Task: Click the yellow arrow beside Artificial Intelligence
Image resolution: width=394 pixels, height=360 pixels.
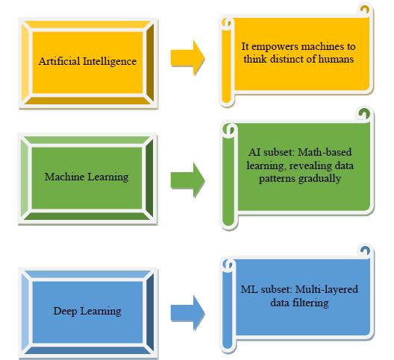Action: [188, 57]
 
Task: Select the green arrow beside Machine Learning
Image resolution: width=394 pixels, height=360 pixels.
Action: [188, 180]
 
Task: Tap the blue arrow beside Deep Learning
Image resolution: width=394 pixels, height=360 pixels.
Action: [188, 313]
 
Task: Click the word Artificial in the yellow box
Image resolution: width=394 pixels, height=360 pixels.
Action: [59, 61]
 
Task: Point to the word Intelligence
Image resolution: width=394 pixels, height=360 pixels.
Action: [110, 62]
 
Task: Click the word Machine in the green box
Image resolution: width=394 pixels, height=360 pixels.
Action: [64, 177]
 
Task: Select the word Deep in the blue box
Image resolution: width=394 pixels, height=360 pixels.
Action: [65, 312]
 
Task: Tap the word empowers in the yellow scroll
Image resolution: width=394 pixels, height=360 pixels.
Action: [275, 47]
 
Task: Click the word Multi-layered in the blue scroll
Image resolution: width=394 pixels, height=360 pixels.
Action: [326, 290]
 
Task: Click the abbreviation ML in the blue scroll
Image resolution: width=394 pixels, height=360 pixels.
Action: [249, 289]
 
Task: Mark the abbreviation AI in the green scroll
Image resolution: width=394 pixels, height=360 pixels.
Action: [254, 152]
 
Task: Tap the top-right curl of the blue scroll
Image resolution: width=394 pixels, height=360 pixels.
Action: [365, 251]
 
